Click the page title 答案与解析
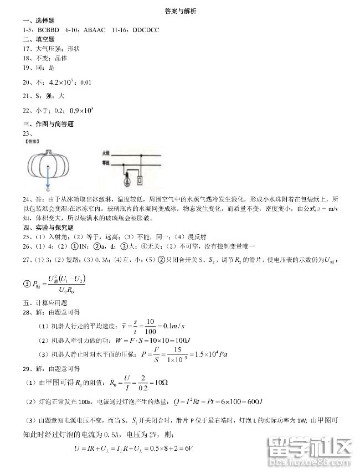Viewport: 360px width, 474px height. click(181, 11)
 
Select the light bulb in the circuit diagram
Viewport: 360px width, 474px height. click(126, 178)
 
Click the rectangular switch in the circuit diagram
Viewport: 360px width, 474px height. click(140, 179)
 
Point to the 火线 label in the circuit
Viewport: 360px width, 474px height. click(106, 152)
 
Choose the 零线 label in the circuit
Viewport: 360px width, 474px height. click(106, 162)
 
